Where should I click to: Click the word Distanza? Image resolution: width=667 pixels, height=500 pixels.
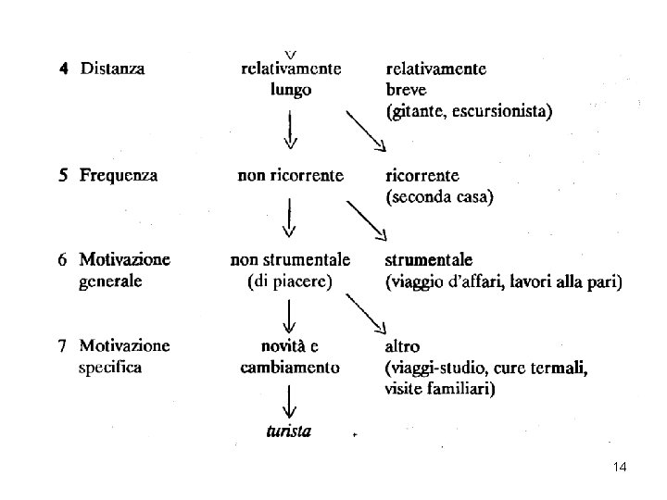(112, 69)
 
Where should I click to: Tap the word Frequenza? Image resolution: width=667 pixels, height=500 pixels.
(118, 175)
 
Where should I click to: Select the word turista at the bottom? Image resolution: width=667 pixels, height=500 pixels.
(287, 431)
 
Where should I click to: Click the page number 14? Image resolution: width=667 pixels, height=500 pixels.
(620, 469)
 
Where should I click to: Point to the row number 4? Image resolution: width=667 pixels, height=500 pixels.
(64, 69)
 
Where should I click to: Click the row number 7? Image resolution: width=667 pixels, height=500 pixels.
(62, 347)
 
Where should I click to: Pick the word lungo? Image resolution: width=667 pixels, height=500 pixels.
(291, 90)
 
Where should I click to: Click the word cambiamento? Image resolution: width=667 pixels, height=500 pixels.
(290, 368)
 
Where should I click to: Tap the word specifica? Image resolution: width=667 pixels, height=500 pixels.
(111, 368)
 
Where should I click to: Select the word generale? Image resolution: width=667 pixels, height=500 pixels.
(111, 281)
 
